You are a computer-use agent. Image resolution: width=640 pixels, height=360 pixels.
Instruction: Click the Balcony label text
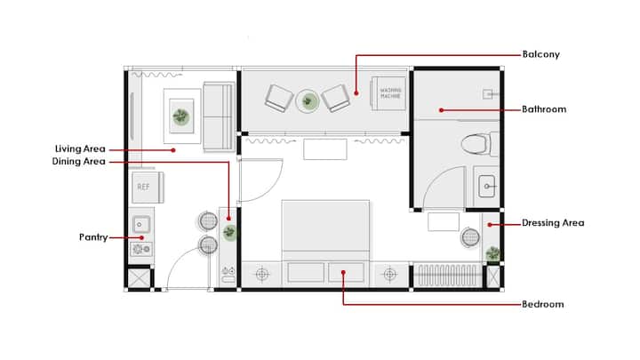click(540, 55)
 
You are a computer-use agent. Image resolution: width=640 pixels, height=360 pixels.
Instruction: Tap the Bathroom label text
click(544, 109)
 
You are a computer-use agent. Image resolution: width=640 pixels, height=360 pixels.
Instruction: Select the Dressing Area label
click(553, 223)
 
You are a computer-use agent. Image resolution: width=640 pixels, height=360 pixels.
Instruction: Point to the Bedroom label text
click(543, 305)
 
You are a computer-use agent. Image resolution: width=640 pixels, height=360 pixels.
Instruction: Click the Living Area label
click(80, 149)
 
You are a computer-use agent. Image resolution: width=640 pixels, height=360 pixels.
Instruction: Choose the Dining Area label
click(79, 162)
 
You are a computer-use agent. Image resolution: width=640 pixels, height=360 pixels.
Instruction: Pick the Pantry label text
click(93, 237)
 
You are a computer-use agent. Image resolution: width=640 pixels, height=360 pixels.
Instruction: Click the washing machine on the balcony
click(388, 93)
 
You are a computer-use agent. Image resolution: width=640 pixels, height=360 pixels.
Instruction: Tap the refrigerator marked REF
click(148, 188)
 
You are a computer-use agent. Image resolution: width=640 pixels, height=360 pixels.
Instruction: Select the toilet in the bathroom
click(480, 144)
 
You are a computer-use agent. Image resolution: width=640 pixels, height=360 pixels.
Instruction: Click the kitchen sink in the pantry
click(141, 225)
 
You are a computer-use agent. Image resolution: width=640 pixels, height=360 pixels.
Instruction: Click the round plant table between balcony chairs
click(308, 100)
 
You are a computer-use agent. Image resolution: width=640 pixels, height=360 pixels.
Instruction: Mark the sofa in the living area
click(220, 116)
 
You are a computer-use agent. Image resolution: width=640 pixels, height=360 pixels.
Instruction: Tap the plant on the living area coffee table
click(180, 116)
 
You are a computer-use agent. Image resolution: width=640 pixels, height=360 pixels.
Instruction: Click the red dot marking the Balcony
click(356, 93)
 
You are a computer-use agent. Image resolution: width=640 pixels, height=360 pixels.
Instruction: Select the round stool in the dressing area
click(470, 236)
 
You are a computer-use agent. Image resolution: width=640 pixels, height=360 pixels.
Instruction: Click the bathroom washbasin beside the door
click(486, 186)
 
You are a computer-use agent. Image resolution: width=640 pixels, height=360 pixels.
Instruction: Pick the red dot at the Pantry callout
click(141, 237)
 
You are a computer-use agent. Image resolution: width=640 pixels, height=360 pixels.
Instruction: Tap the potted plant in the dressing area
click(492, 254)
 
